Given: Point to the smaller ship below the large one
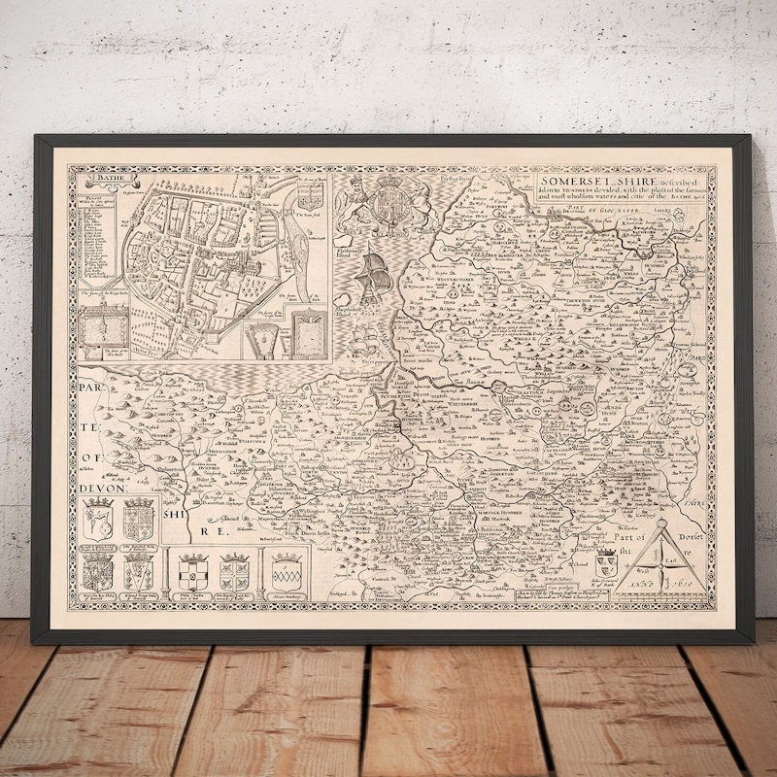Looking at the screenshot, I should click(367, 339).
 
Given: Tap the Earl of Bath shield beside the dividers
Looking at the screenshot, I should click(605, 562).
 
